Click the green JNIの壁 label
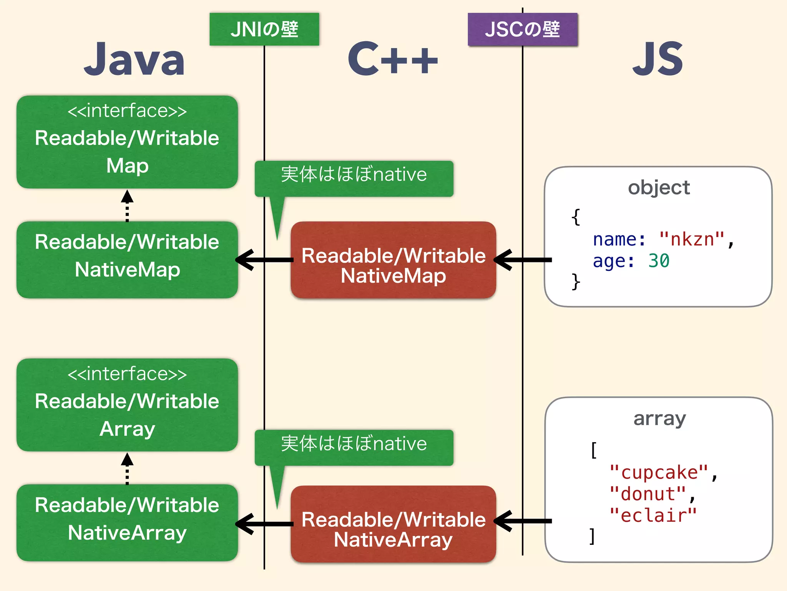coord(264,29)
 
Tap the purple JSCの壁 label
coord(522,29)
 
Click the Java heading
coord(134,60)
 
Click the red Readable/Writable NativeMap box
coord(393,260)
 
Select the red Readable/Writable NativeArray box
coord(393,524)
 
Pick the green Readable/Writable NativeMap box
coord(127,260)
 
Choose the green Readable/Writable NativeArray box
coord(127,523)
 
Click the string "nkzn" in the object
coord(692,239)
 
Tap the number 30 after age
coord(659,261)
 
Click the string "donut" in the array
coord(648,494)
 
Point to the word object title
coord(659,188)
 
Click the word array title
coord(659,419)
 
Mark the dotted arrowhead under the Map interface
coord(127,197)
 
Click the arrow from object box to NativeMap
coord(523,260)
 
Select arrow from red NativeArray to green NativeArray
coord(264,524)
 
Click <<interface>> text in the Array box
coord(127,374)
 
